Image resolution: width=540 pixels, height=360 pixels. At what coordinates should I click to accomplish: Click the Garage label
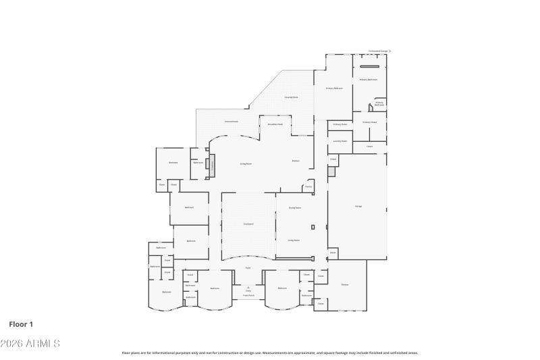coord(358,206)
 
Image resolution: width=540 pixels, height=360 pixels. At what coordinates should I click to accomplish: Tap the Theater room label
coord(344,284)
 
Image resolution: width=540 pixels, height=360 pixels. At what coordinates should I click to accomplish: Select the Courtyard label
coord(248,224)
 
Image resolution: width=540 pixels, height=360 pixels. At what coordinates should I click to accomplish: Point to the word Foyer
coord(248,268)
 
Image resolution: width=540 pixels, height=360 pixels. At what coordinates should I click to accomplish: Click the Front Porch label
coord(248,295)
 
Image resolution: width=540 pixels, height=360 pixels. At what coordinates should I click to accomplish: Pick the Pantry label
coord(308,186)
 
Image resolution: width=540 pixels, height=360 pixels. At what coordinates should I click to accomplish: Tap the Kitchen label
coord(296,161)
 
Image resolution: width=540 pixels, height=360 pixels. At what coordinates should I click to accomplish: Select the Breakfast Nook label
coord(275,124)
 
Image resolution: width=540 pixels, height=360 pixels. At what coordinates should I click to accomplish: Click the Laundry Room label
coord(340,141)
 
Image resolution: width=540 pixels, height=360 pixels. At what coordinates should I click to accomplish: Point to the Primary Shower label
coord(340,124)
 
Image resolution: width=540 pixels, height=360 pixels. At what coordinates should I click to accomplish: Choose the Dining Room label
coord(294,207)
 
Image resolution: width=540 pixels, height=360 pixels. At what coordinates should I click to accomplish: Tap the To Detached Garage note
coord(378,51)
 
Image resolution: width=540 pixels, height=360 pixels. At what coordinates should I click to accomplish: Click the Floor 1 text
coord(21,324)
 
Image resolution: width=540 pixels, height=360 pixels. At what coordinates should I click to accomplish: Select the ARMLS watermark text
coord(30,344)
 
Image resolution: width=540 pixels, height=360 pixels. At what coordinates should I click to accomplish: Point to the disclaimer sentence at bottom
coord(270,353)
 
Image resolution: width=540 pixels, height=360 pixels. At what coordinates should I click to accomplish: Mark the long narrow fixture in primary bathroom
coord(369,66)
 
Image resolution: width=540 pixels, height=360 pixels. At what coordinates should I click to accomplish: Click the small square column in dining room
coord(313,226)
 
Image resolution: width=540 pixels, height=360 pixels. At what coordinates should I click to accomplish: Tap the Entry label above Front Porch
coord(248,290)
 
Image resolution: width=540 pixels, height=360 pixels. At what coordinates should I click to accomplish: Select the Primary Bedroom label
coord(334,88)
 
